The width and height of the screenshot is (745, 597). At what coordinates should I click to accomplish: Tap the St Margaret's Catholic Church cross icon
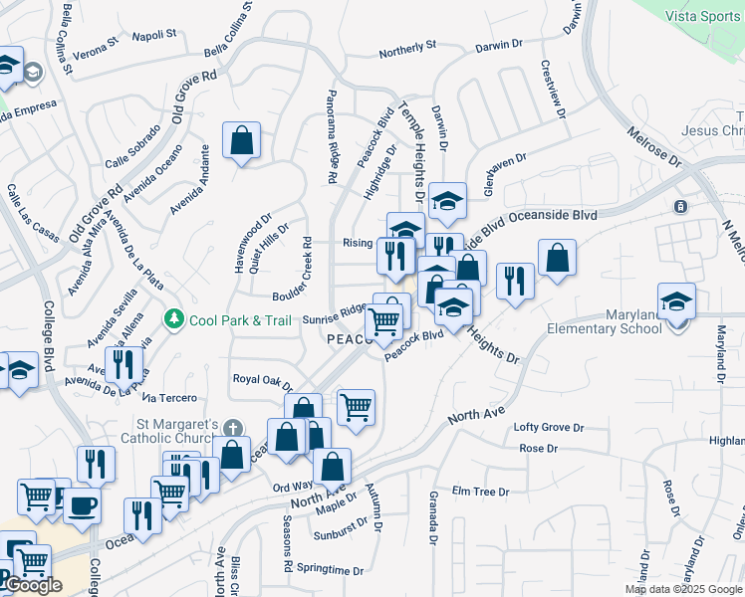(232, 429)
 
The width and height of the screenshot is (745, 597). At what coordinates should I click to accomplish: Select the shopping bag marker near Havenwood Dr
(242, 142)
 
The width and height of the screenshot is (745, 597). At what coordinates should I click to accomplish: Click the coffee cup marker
(82, 504)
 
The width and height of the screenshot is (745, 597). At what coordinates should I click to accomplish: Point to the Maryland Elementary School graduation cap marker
(676, 301)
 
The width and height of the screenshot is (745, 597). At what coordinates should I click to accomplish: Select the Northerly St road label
(408, 46)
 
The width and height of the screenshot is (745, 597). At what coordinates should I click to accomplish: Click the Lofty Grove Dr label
(548, 427)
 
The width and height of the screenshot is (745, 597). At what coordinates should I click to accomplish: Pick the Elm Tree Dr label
(480, 492)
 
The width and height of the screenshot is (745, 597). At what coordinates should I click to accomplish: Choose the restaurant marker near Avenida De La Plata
(124, 364)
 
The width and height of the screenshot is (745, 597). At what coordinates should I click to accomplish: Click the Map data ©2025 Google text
(682, 589)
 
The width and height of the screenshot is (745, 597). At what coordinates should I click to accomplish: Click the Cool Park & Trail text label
(241, 319)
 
